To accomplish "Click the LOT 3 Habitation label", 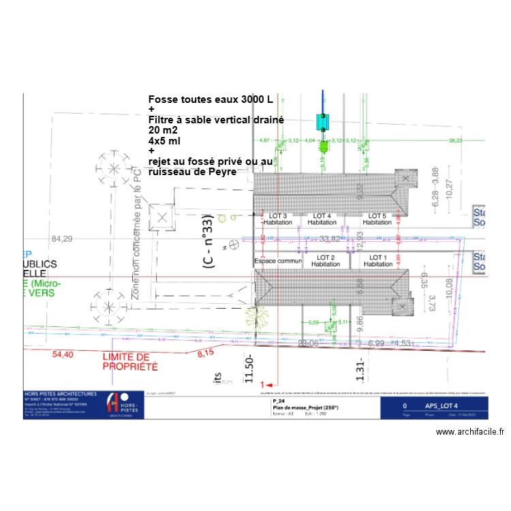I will click(x=278, y=219).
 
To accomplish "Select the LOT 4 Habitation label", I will click(x=322, y=219).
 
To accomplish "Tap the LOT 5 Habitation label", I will click(x=377, y=219).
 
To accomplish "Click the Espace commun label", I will click(x=277, y=261).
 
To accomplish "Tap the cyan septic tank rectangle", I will click(x=323, y=122).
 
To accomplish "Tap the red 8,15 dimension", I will click(x=205, y=354).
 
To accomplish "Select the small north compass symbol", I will click(x=232, y=243).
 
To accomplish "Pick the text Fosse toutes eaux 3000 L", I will click(x=211, y=99).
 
